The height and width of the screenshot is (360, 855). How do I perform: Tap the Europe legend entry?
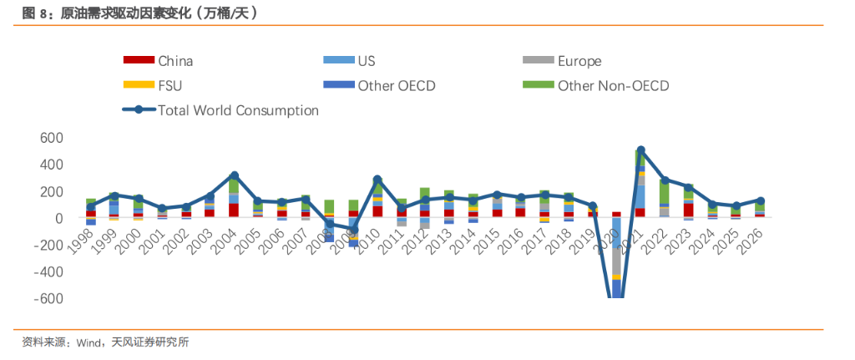pyautogui.click(x=579, y=61)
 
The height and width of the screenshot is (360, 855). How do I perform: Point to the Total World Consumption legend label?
pyautogui.click(x=238, y=110)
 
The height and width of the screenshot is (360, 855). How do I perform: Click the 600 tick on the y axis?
pyautogui.click(x=52, y=138)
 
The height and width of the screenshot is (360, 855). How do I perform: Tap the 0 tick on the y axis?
pyautogui.click(x=59, y=218)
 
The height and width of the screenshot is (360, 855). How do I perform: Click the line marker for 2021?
pyautogui.click(x=640, y=150)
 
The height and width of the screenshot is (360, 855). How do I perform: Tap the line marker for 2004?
pyautogui.click(x=234, y=175)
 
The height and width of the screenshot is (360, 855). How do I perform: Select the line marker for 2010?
pyautogui.click(x=377, y=179)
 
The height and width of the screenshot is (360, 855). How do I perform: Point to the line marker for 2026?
pyautogui.click(x=760, y=200)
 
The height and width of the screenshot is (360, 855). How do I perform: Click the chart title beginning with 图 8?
pyautogui.click(x=139, y=13)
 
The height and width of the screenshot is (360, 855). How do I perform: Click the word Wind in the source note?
pyautogui.click(x=89, y=342)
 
